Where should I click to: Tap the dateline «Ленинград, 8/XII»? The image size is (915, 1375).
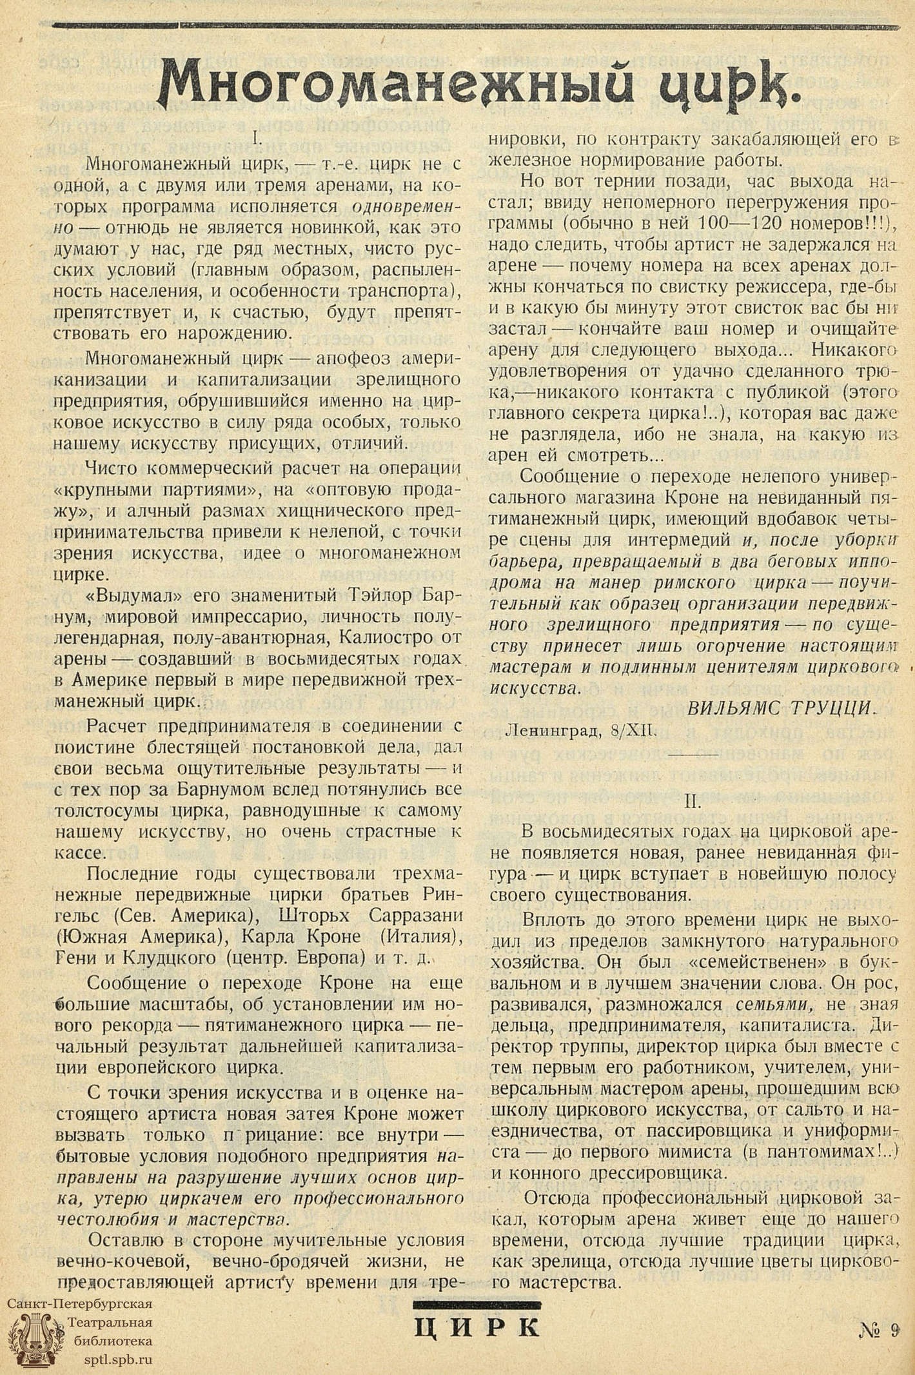click(x=581, y=731)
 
